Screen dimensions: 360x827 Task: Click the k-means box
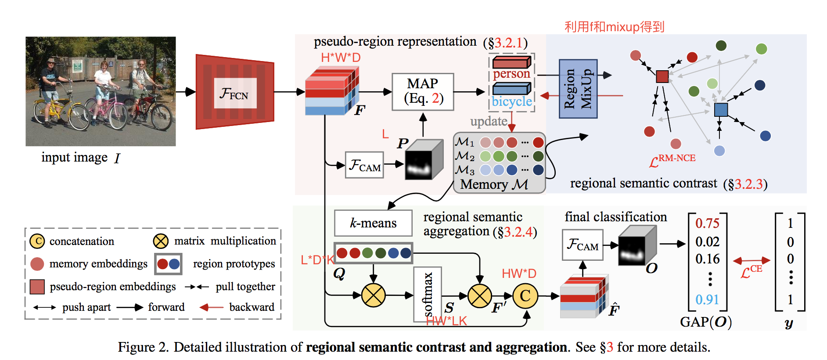tap(373, 223)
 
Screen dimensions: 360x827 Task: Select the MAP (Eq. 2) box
tap(423, 91)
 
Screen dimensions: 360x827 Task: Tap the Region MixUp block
tap(578, 89)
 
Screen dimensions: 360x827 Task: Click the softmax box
tap(428, 294)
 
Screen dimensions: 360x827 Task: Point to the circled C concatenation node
tap(525, 296)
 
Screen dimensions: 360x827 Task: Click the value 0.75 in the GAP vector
tap(707, 223)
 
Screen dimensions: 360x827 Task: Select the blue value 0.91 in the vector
tap(707, 299)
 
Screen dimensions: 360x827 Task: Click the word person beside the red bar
tap(511, 74)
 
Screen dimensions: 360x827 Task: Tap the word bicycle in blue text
tap(511, 101)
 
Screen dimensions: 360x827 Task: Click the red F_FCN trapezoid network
tap(235, 92)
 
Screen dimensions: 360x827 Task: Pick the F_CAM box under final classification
tap(582, 245)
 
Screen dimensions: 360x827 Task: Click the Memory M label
tap(494, 184)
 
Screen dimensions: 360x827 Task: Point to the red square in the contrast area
tap(662, 76)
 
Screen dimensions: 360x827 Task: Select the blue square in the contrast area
tap(721, 110)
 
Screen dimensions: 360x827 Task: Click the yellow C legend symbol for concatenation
tap(37, 241)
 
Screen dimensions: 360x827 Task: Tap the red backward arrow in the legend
tap(211, 307)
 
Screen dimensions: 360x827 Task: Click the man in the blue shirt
tap(50, 88)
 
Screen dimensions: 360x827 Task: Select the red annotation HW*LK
tap(446, 321)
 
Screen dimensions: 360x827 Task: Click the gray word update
tap(489, 121)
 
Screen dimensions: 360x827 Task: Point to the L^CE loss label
tap(751, 272)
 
